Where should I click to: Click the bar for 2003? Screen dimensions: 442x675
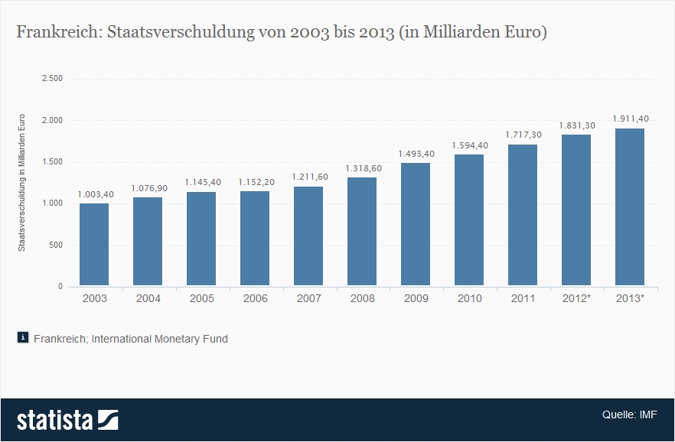click(x=95, y=245)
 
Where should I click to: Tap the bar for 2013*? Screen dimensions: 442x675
click(x=630, y=207)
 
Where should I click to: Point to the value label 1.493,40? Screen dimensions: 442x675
click(x=416, y=154)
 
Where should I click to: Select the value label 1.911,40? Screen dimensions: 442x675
click(x=631, y=119)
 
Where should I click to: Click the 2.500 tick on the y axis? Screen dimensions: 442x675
click(x=52, y=79)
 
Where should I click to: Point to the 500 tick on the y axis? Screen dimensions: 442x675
click(x=55, y=245)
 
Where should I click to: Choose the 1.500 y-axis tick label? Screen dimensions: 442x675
click(x=52, y=162)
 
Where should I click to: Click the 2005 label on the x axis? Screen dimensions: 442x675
click(x=202, y=298)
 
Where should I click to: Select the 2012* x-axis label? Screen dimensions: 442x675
click(x=576, y=298)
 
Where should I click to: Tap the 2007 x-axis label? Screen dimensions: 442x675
click(x=309, y=298)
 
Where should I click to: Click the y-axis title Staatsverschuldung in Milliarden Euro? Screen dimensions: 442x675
click(x=22, y=182)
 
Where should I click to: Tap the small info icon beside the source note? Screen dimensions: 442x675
click(x=23, y=337)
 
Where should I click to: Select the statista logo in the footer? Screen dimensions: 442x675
click(x=67, y=420)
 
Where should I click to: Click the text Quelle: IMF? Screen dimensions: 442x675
click(x=629, y=414)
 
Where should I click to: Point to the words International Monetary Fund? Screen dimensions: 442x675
click(x=159, y=338)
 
